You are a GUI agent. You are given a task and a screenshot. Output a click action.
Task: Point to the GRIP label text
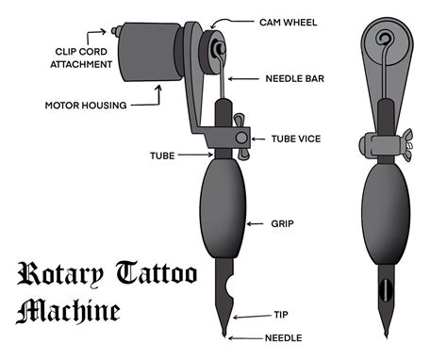point(282,224)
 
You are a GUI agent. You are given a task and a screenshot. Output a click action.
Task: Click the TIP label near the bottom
point(283,316)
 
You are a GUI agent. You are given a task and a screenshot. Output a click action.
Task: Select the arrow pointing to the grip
point(254,224)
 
